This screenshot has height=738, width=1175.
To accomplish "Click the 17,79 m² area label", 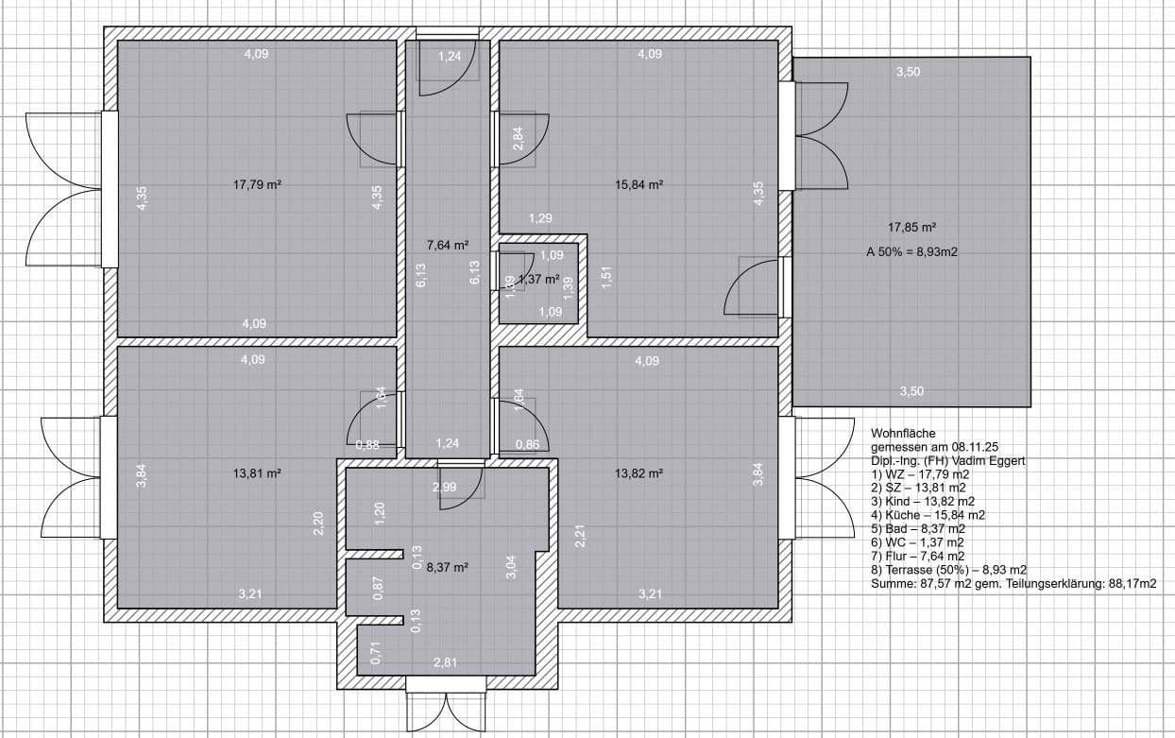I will [257, 185].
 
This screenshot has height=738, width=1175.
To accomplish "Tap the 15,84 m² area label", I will [639, 185].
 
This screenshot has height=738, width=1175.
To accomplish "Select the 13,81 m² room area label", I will [257, 472].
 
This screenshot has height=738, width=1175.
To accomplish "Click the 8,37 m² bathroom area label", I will [448, 568].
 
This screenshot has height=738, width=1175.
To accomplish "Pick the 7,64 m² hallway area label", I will [448, 245].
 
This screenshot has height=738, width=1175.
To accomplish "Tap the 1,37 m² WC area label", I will [539, 280].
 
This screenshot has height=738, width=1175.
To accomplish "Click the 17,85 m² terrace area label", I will [911, 227].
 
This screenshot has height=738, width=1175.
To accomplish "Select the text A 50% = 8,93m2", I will [911, 252].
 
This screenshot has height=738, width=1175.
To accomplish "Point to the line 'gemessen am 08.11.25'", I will [933, 447].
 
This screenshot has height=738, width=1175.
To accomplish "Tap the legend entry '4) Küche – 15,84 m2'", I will [928, 515].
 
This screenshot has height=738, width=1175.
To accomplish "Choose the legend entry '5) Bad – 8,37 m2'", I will [917, 529].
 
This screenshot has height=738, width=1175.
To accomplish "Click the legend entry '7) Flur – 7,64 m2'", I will [917, 557].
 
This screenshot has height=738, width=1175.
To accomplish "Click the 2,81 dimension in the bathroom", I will [445, 662].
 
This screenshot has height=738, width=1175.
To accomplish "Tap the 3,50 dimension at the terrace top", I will [909, 72].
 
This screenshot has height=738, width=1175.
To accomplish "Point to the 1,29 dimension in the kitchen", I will [540, 219].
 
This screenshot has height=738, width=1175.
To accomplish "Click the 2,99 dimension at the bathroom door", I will [444, 488].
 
